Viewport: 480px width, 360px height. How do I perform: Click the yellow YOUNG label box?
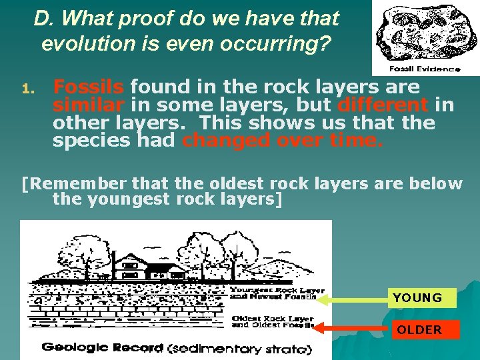click(x=422, y=297)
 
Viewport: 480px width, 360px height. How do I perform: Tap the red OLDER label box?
click(x=425, y=329)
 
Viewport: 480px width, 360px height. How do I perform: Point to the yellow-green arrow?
click(x=353, y=300)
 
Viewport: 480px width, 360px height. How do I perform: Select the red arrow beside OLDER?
click(x=353, y=328)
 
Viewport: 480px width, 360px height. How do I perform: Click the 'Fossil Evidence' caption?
click(x=425, y=69)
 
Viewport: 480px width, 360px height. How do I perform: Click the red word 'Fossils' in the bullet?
click(x=89, y=87)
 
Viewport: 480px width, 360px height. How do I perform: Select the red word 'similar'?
click(x=89, y=105)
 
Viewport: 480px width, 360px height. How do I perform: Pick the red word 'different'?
click(x=383, y=105)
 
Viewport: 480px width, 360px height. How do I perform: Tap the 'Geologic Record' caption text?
click(x=103, y=347)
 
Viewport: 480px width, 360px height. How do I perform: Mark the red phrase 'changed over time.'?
click(x=283, y=141)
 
